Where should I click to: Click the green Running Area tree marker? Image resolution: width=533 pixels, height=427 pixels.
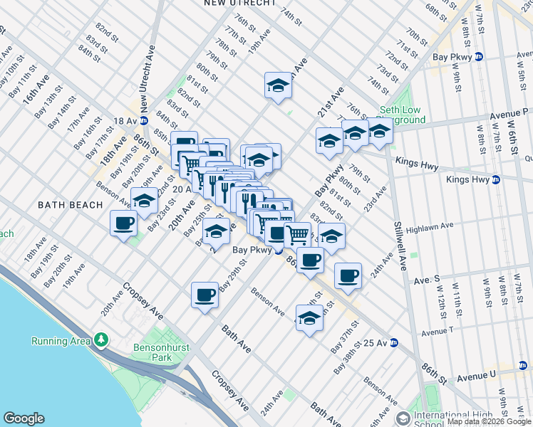(x=102, y=340)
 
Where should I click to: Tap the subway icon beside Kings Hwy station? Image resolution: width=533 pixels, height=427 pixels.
(x=496, y=180)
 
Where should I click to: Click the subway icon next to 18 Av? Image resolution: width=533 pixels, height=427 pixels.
(x=145, y=121)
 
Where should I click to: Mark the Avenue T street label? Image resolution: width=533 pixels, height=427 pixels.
(x=443, y=332)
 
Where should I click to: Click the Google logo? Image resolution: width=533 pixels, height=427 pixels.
(x=24, y=418)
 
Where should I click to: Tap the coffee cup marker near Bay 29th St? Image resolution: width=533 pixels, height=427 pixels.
(x=205, y=295)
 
